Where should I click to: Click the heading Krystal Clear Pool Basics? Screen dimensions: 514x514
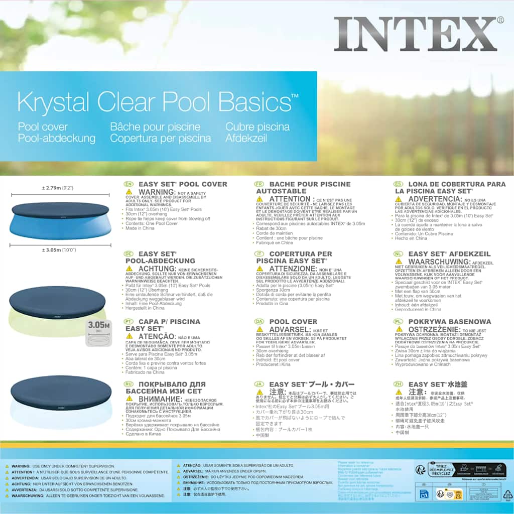click(x=158, y=102)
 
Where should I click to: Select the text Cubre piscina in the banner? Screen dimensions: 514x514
click(x=257, y=127)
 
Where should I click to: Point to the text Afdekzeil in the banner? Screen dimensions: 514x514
click(x=246, y=138)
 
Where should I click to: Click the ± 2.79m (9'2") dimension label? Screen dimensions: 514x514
click(x=58, y=188)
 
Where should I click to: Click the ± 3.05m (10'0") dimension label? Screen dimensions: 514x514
click(x=59, y=249)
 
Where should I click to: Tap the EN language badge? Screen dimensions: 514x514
click(x=128, y=184)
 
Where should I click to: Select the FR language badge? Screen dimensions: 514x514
click(x=259, y=184)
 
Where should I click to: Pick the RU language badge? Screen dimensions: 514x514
click(x=128, y=384)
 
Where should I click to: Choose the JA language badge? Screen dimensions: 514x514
click(x=259, y=384)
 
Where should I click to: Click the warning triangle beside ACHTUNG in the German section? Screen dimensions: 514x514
click(x=130, y=269)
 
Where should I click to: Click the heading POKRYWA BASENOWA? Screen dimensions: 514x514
click(x=449, y=322)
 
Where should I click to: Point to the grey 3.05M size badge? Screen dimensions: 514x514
click(x=99, y=327)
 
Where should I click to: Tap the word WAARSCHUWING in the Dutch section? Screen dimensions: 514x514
click(x=440, y=262)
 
